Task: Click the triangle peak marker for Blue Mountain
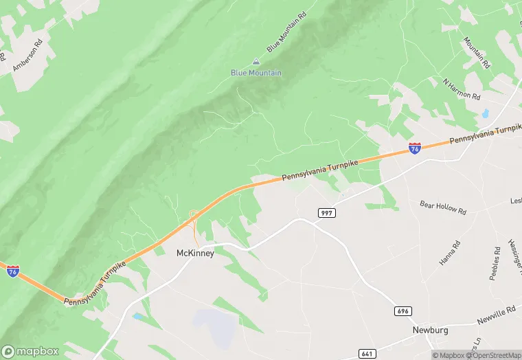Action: [x=256, y=61]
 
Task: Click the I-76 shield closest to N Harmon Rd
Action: [x=415, y=148]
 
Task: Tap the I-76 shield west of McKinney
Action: [x=13, y=271]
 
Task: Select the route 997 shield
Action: [x=327, y=214]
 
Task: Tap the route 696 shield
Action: [x=404, y=311]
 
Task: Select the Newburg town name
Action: [x=430, y=330]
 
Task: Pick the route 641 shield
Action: [x=367, y=353]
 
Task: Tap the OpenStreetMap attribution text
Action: [x=494, y=355]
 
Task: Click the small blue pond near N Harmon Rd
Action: [x=486, y=113]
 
